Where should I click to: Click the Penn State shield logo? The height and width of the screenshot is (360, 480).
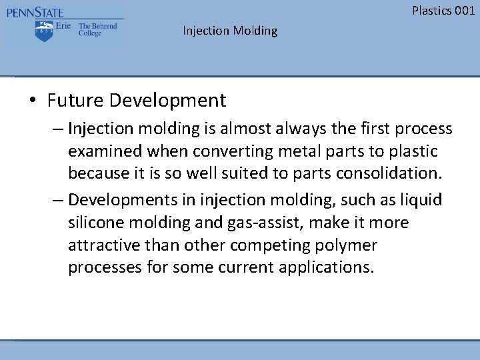(45, 30)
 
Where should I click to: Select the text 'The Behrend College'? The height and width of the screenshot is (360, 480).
(97, 30)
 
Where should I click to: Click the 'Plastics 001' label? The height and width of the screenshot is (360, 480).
(443, 10)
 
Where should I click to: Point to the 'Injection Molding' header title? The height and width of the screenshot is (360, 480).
(230, 31)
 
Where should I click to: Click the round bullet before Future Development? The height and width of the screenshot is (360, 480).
(32, 101)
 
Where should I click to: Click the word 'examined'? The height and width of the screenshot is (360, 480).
(101, 151)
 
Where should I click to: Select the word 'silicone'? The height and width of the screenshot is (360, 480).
(97, 223)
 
